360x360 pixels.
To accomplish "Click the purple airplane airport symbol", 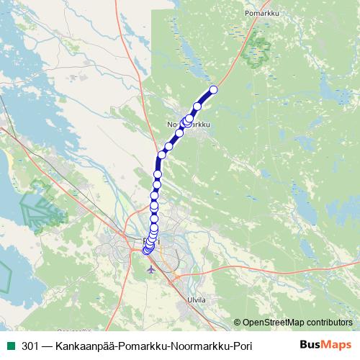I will [x=150, y=269].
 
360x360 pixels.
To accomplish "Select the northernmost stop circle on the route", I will [x=213, y=90].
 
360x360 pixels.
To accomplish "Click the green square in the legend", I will [x=9, y=346].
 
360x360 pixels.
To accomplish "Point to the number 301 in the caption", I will [x=30, y=346].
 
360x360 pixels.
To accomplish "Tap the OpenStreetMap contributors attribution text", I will [x=297, y=323].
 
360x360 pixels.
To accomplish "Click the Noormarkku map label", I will [x=189, y=125].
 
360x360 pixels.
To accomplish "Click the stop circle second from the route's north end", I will [x=197, y=107].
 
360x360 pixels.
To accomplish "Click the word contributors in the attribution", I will [x=327, y=323].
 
